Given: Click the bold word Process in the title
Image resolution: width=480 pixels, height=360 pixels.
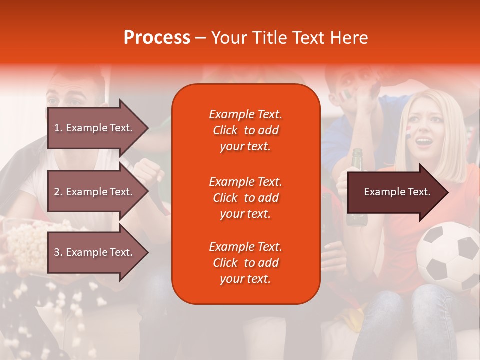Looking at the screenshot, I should pos(157,38).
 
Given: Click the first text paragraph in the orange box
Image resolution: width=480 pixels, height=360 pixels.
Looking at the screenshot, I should pos(245,130).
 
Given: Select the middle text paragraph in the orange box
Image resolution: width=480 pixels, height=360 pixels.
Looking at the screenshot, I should pos(245,198).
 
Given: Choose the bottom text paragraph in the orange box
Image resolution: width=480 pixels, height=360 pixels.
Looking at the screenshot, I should pos(245,263).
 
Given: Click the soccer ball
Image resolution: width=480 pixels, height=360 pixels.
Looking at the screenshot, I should pos(448,257).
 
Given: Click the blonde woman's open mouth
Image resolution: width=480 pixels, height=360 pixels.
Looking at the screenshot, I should pos(424,141).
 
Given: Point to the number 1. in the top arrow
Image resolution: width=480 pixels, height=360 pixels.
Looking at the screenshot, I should pos(58,128).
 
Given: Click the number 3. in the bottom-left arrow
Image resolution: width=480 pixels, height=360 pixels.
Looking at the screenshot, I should pos(58,252).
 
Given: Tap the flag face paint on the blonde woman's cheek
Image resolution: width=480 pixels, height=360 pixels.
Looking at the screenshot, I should pos(408,131).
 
